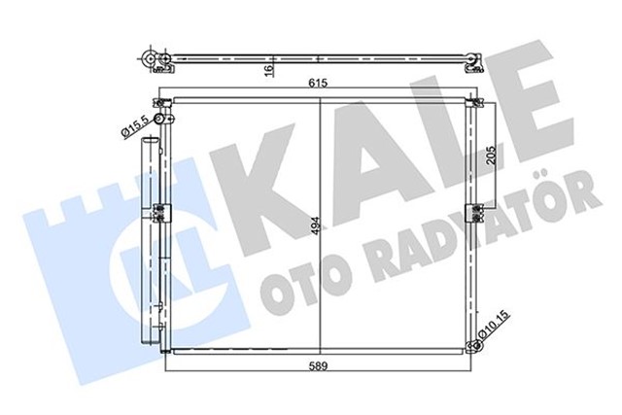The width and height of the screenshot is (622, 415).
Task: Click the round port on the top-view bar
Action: pyautogui.click(x=152, y=59)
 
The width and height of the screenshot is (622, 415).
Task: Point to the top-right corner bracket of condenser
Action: pyautogui.click(x=472, y=99)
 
